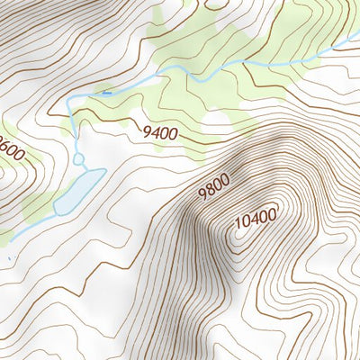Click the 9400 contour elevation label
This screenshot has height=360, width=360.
159,133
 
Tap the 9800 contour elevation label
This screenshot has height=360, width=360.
214,186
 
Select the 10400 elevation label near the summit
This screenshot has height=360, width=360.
255,218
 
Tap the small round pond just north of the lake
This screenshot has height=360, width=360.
78,159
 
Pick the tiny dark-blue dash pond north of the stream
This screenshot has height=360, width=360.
107,91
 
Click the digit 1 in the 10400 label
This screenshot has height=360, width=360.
237,227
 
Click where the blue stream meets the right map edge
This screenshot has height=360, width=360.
358,53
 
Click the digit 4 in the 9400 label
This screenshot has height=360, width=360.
155,133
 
